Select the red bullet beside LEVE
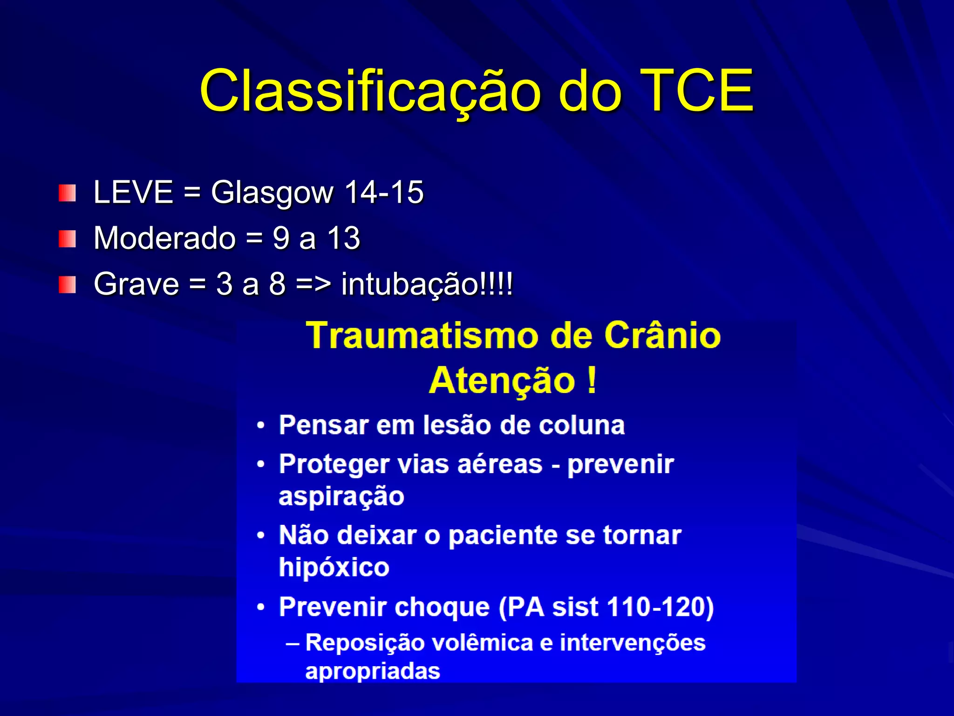click(67, 193)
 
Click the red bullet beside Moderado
click(67, 239)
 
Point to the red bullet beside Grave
click(67, 284)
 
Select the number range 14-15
click(384, 192)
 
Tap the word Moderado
click(164, 238)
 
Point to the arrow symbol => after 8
click(313, 283)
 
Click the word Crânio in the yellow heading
click(662, 335)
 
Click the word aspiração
click(341, 496)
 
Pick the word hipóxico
click(334, 567)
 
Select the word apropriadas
click(373, 671)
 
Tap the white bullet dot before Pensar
click(261, 426)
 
